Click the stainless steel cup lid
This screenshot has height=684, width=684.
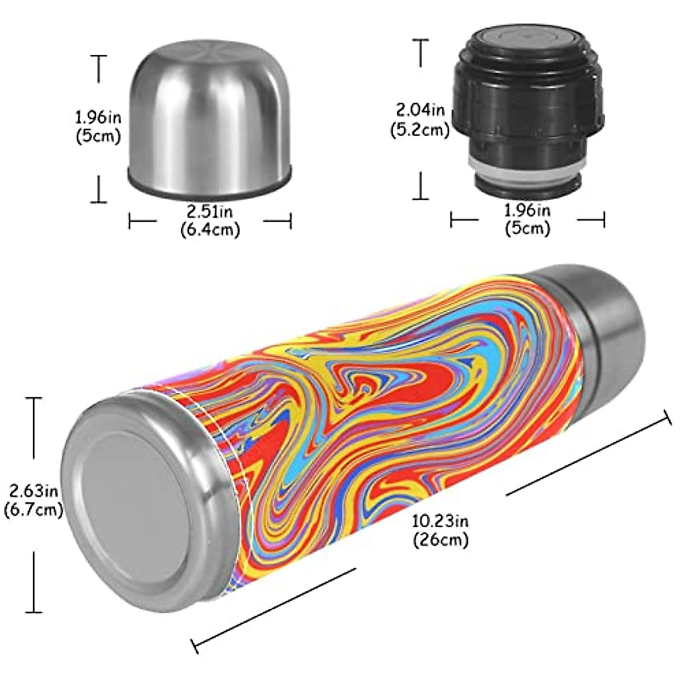pyautogui.click(x=209, y=120)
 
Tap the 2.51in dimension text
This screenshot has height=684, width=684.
pyautogui.click(x=210, y=212)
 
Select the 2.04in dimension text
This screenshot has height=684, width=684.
pyautogui.click(x=421, y=108)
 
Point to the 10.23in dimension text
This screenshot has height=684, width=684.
pyautogui.click(x=441, y=521)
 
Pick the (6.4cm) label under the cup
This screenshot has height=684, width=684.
pyautogui.click(x=210, y=230)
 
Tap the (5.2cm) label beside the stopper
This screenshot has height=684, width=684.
pyautogui.click(x=420, y=130)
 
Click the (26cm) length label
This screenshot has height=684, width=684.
pyautogui.click(x=441, y=539)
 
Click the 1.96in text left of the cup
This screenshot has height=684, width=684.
pyautogui.click(x=98, y=117)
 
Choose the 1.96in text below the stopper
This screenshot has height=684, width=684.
pyautogui.click(x=527, y=210)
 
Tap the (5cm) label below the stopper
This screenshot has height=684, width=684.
pyautogui.click(x=527, y=229)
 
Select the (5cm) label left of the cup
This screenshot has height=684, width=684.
pyautogui.click(x=98, y=137)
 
